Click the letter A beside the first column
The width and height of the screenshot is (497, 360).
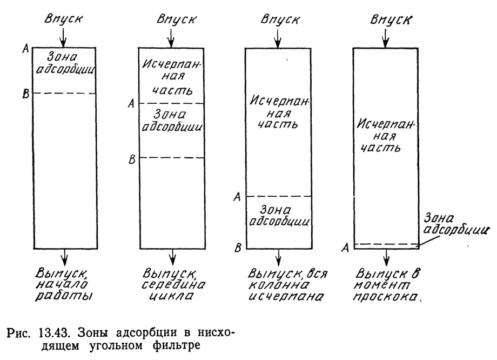pos(26,49)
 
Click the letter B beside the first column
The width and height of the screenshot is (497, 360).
pos(26,94)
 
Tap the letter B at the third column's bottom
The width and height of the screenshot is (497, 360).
pos(238,248)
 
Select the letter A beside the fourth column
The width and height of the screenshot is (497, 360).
pos(345,248)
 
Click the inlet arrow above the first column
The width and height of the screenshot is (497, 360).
pos(63,37)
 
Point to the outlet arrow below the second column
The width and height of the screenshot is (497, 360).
pos(173,257)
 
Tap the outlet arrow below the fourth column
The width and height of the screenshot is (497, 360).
pos(386,257)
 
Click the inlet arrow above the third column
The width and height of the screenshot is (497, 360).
pos(278,37)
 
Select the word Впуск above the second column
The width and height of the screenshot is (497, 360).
pos(177,19)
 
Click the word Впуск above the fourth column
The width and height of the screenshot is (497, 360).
pos(391,19)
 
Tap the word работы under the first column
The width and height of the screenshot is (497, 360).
pos(63,296)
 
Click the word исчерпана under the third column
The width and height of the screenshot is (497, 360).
pos(286,296)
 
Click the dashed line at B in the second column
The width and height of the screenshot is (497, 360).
pos(172,158)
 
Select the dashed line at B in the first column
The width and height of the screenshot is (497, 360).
pos(65,94)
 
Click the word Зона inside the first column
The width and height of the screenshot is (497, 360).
pos(63,57)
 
